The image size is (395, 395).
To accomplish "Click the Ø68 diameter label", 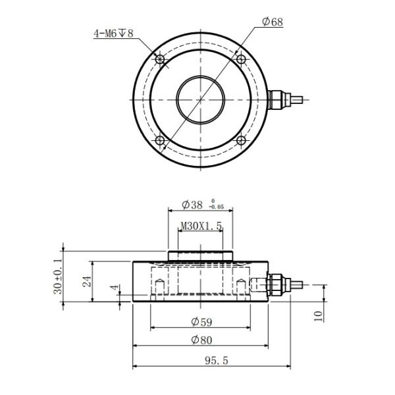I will tap(273, 22).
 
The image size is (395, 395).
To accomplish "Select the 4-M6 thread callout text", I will tap(114, 32).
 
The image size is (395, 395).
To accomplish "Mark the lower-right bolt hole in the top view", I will tap(241, 140).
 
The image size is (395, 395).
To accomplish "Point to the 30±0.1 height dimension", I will tap(57, 276).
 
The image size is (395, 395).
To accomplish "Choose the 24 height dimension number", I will tap(86, 281).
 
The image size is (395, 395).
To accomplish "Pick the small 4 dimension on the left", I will tap(113, 288).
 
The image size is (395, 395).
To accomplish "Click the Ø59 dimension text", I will tap(201, 321).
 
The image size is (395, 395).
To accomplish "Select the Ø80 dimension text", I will tap(201, 340).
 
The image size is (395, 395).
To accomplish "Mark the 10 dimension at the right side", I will tap(319, 316).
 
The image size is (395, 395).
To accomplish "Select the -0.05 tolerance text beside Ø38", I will tap(217, 207).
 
